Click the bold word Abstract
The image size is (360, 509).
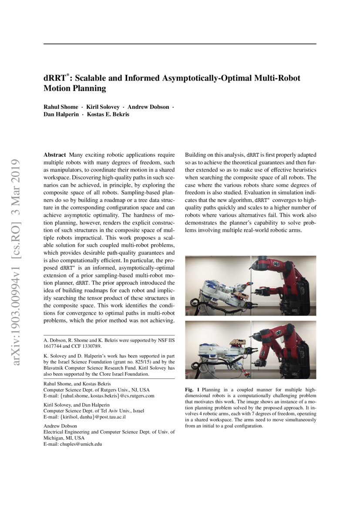pos(55,155)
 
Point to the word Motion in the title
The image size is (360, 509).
pos(58,88)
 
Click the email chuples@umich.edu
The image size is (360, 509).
pos(81,445)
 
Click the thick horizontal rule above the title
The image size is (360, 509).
pos(180,44)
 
